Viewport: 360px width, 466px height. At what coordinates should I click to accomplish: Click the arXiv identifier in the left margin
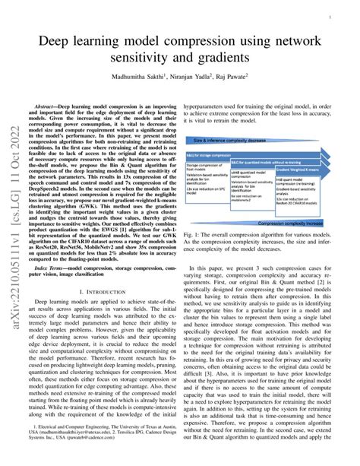[x=13, y=233]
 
